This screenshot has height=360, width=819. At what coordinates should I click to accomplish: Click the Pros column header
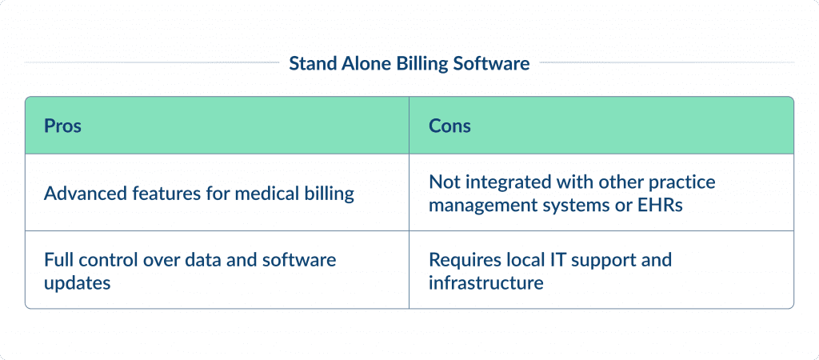click(x=62, y=126)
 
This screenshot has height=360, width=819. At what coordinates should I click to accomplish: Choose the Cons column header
click(x=449, y=126)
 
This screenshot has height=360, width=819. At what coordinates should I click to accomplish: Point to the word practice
click(x=683, y=182)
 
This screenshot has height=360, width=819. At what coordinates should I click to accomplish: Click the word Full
click(x=59, y=259)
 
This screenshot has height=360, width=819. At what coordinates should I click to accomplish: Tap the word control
click(x=109, y=259)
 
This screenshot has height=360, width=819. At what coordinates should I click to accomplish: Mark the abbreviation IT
click(x=552, y=259)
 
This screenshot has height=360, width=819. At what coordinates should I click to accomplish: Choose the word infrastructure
click(x=486, y=282)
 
